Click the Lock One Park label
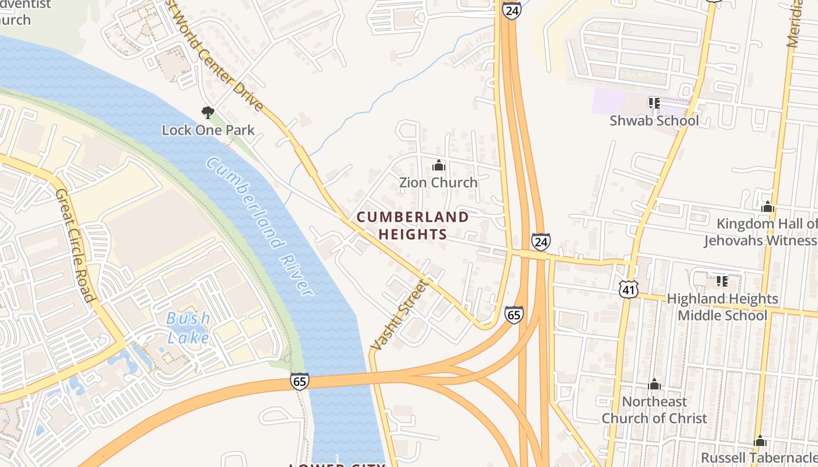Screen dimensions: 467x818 click(x=208, y=130)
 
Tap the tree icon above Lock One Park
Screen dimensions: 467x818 click(x=207, y=112)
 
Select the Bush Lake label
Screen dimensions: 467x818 click(x=188, y=327)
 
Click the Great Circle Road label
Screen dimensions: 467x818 click(x=75, y=245)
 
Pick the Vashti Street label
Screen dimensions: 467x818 click(x=400, y=315)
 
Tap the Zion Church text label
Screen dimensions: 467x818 click(x=438, y=183)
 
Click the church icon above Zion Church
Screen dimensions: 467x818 click(x=438, y=166)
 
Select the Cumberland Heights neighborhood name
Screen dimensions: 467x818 click(x=413, y=225)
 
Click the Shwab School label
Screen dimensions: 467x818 click(x=654, y=121)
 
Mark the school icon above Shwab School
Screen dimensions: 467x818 click(x=654, y=103)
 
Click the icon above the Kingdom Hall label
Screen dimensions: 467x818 click(x=768, y=207)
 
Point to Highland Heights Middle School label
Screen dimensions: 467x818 click(x=722, y=307)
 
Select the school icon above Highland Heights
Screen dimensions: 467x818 click(x=722, y=281)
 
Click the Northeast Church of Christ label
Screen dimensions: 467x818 click(x=654, y=410)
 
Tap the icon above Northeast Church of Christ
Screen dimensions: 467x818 click(x=654, y=384)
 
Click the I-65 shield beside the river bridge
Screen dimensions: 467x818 click(x=299, y=381)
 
